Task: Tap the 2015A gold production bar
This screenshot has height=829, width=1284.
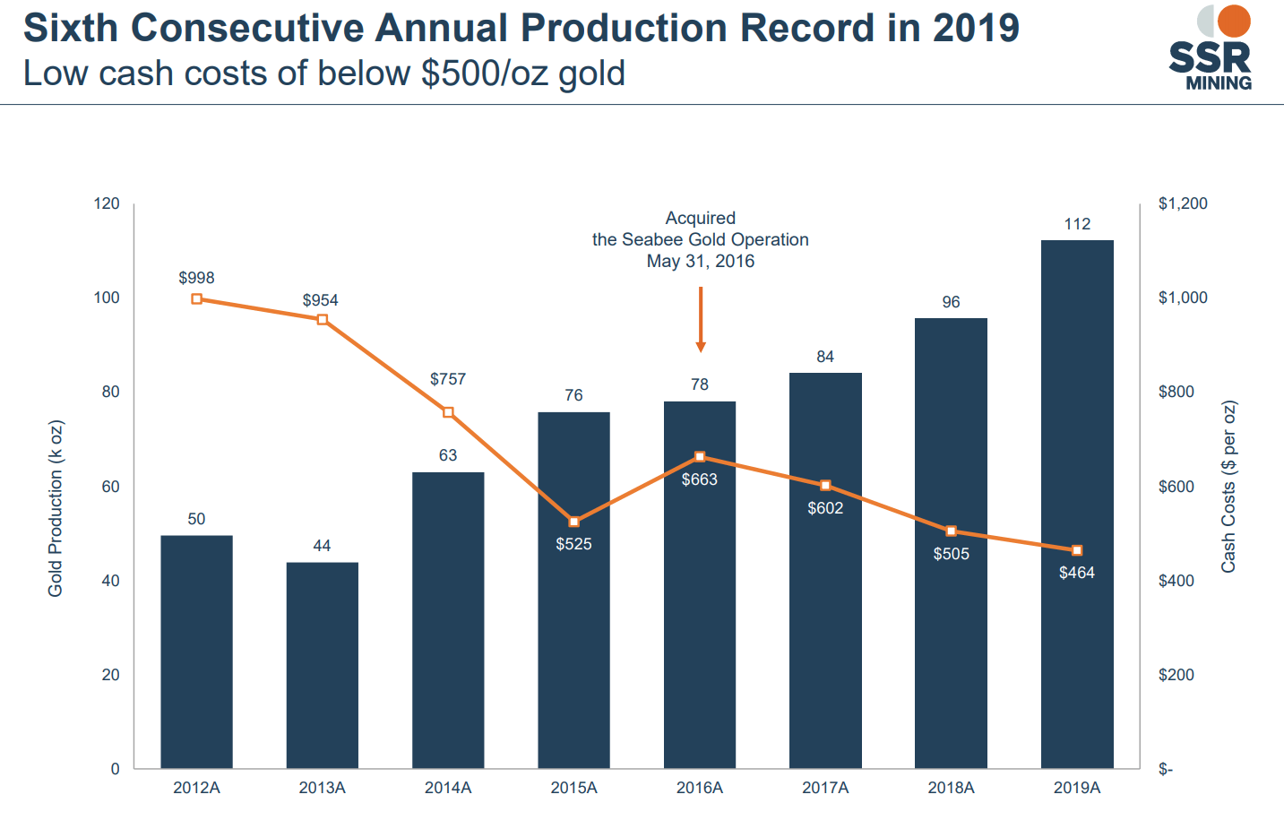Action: [573, 627]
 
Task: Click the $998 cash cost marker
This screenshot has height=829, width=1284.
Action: [197, 298]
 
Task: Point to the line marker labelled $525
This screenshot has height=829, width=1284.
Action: [574, 522]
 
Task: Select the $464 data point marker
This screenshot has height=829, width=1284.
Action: [1077, 550]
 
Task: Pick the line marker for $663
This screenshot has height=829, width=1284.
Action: [700, 457]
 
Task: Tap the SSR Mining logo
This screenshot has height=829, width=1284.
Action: [1210, 48]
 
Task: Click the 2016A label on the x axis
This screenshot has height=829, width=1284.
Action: [699, 788]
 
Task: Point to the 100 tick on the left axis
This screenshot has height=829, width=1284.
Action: [107, 298]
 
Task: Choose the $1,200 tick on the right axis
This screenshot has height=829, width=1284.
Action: [1183, 203]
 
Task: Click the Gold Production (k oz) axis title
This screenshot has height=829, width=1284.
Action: [56, 508]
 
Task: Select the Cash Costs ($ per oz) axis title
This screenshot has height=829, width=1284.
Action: [1228, 487]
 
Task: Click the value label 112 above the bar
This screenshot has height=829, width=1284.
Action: [1077, 224]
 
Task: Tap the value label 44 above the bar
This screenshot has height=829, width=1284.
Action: [322, 546]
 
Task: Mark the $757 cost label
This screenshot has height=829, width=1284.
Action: [448, 379]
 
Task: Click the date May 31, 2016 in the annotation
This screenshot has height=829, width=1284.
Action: [701, 261]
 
